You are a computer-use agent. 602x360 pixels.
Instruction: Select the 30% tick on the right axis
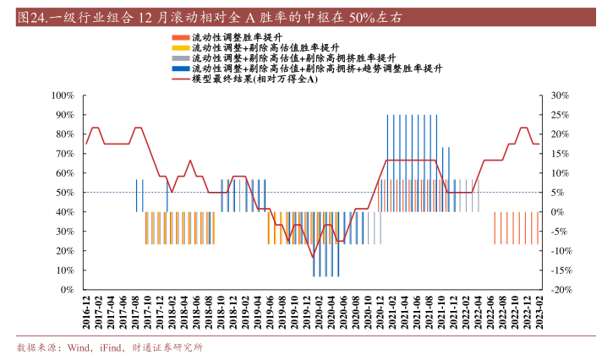pos(558,95)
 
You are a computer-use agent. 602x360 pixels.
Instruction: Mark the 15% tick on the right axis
pos(558,153)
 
